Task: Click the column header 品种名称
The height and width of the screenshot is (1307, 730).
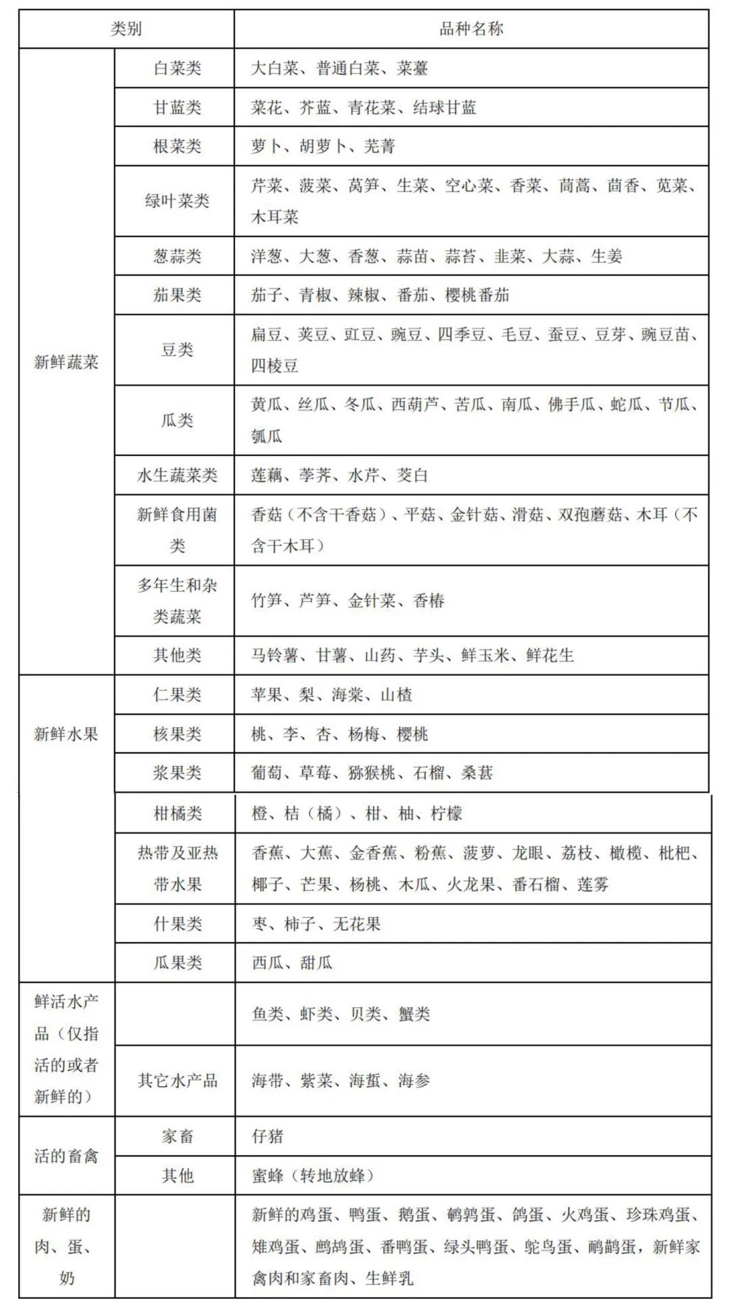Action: [x=471, y=29]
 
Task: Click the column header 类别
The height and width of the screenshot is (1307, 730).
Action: [x=126, y=29]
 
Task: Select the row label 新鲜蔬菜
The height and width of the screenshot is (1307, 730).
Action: [x=66, y=363]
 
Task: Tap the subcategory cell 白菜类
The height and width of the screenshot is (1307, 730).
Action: [x=177, y=68]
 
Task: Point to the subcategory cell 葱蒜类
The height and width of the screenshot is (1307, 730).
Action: [x=177, y=256]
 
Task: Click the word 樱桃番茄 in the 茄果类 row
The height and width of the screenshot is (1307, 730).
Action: [x=477, y=295]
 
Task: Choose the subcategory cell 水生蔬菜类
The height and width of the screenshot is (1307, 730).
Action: [x=177, y=476]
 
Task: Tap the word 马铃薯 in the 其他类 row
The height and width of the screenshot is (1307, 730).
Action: [x=274, y=655]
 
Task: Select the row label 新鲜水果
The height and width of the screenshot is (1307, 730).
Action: [x=66, y=734]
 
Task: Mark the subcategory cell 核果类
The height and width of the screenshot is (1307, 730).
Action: [x=177, y=734]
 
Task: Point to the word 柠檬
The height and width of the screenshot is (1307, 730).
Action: [x=447, y=814]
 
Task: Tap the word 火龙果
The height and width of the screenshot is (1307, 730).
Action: [x=471, y=885]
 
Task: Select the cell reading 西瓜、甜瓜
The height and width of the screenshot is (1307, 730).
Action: [x=292, y=963]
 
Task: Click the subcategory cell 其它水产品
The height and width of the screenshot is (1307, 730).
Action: [x=177, y=1081]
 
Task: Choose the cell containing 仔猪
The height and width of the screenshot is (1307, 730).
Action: [x=268, y=1136]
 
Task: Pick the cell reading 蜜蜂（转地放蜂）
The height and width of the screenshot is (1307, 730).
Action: [x=314, y=1176]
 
